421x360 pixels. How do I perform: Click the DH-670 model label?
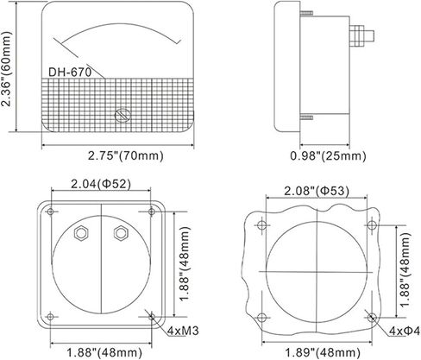pos(70,72)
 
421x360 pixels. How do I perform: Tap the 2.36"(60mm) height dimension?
pos(7,69)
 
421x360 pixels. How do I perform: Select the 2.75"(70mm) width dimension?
pos(125,155)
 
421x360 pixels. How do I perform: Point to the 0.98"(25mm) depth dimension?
pos(328,156)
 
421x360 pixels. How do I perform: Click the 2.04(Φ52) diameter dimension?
pos(101,184)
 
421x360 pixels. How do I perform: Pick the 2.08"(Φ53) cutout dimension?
pos(317,191)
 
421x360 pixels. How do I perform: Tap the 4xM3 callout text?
pos(183,331)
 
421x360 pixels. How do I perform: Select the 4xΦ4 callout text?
pos(405,331)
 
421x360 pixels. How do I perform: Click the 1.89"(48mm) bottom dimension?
pos(323,352)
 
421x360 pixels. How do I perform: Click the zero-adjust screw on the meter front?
pos(123,116)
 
